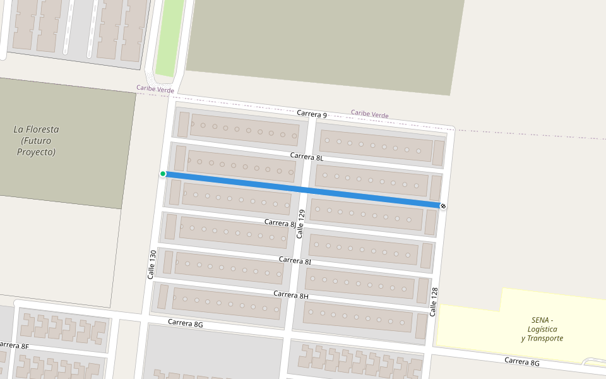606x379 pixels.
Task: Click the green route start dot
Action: pyautogui.click(x=163, y=174)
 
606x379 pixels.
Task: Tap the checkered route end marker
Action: pyautogui.click(x=443, y=206)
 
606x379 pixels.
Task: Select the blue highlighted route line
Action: pyautogui.click(x=303, y=189)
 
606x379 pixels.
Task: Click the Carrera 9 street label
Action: pyautogui.click(x=312, y=114)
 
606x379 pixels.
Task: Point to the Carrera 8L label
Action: pyautogui.click(x=307, y=156)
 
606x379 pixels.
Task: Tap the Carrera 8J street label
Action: pyautogui.click(x=280, y=223)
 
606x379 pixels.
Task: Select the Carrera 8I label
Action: pyautogui.click(x=295, y=260)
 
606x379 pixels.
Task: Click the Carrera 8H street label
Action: pyautogui.click(x=291, y=295)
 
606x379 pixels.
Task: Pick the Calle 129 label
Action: pyautogui.click(x=301, y=224)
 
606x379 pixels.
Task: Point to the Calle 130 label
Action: pyautogui.click(x=151, y=265)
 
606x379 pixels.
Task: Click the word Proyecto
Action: pyautogui.click(x=37, y=152)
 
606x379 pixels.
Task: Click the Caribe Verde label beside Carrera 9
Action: pyautogui.click(x=370, y=114)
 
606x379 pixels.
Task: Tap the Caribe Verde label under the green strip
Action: pyautogui.click(x=155, y=90)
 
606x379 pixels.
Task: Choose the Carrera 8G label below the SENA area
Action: pyautogui.click(x=522, y=362)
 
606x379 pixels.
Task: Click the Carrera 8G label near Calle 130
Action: pyautogui.click(x=186, y=323)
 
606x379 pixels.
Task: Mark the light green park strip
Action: pyautogui.click(x=170, y=35)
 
